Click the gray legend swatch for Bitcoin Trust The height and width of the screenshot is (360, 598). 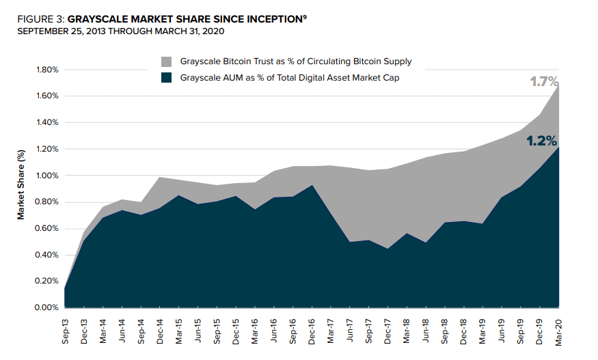(166, 61)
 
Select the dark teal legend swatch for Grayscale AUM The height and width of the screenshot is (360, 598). (166, 78)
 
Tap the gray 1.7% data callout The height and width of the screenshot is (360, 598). (544, 81)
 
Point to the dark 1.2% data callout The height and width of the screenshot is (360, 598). (541, 141)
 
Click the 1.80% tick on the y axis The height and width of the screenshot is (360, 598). (47, 70)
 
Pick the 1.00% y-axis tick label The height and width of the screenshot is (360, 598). (47, 176)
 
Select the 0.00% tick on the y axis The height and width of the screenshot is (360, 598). (46, 307)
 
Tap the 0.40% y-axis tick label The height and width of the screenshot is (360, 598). (46, 255)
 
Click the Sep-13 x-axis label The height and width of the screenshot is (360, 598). (65, 331)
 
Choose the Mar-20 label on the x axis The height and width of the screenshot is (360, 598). (558, 332)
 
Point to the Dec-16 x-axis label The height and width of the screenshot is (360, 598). (312, 332)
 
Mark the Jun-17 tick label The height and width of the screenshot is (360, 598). (350, 330)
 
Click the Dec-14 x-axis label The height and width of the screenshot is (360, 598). (160, 331)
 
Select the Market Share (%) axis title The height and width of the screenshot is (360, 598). (21, 184)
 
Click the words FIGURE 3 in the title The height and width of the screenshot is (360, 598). (40, 19)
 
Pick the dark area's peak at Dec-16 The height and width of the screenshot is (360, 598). (312, 185)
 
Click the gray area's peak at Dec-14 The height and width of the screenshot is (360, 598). (160, 177)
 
